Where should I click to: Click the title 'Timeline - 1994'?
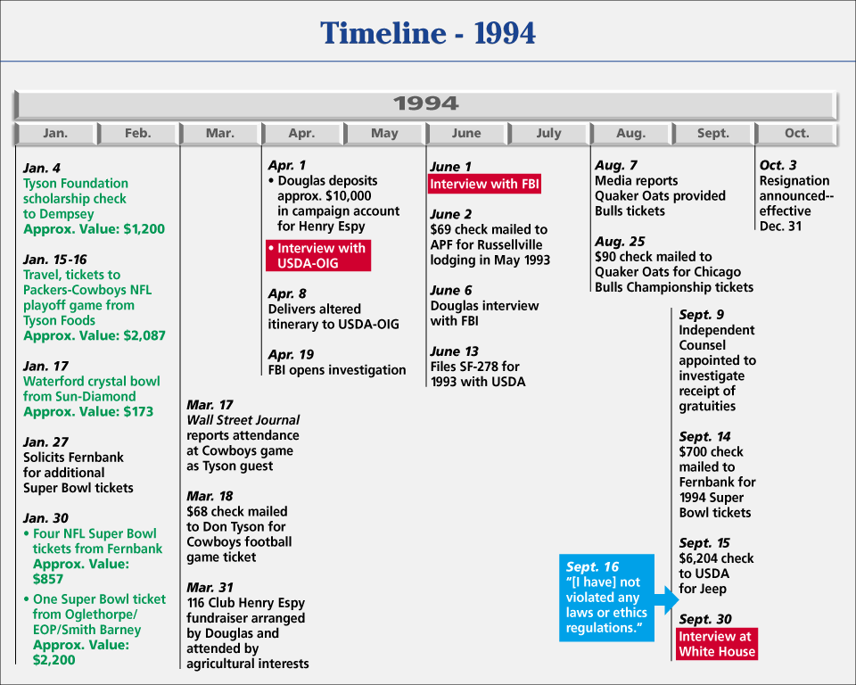tap(427, 33)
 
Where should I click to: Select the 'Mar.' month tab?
tap(220, 133)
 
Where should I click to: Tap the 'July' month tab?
tap(548, 133)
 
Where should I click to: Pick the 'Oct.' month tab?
tap(796, 133)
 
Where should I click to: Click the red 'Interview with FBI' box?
tap(484, 184)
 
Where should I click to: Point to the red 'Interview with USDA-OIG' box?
tap(318, 256)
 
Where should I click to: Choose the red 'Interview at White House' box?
tap(717, 644)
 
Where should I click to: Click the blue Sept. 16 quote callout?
tap(606, 598)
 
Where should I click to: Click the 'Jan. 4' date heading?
tap(42, 169)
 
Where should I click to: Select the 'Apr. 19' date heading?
tap(291, 355)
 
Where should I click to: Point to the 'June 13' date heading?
tap(454, 351)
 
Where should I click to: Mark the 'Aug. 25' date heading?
tap(620, 242)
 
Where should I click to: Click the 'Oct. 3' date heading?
tap(778, 165)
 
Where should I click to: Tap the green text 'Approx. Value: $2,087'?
tap(94, 335)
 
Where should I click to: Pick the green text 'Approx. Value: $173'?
tap(88, 411)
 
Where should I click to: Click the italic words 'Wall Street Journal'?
tap(243, 420)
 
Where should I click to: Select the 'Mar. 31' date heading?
tap(210, 588)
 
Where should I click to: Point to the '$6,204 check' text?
tap(716, 558)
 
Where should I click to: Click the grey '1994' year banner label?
tap(426, 103)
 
